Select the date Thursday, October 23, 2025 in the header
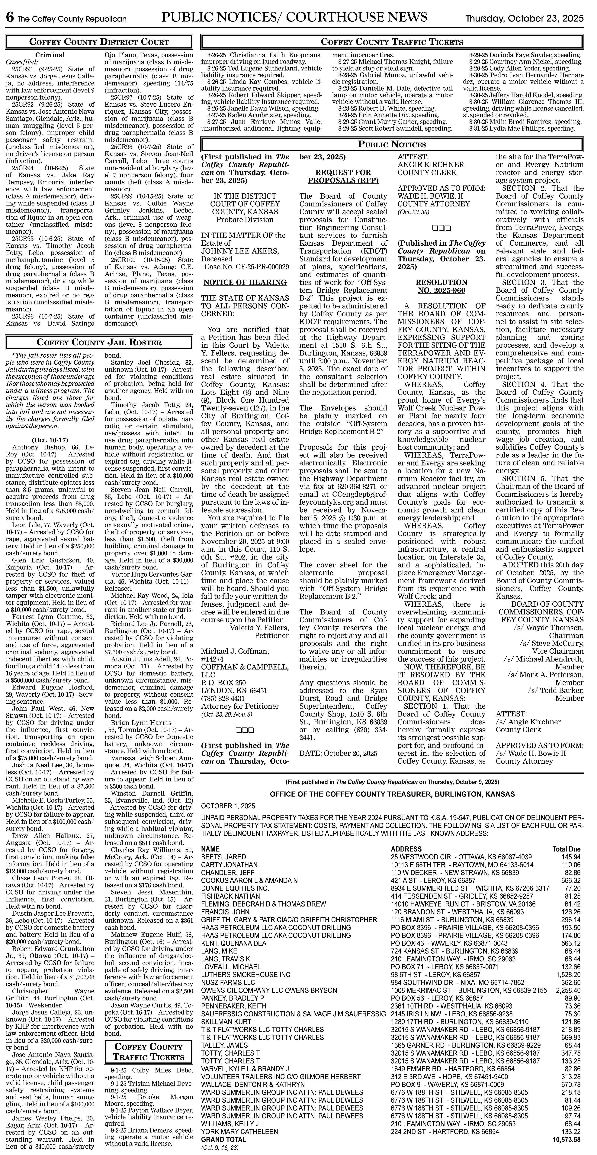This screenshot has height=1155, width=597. click(x=524, y=19)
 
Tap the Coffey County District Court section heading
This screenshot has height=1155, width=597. click(x=99, y=42)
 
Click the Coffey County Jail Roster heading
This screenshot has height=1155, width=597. click(x=99, y=342)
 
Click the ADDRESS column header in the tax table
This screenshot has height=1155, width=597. click(x=406, y=849)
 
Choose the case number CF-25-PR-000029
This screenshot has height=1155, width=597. click(x=246, y=267)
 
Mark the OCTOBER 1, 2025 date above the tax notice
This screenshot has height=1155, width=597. click(x=228, y=806)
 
